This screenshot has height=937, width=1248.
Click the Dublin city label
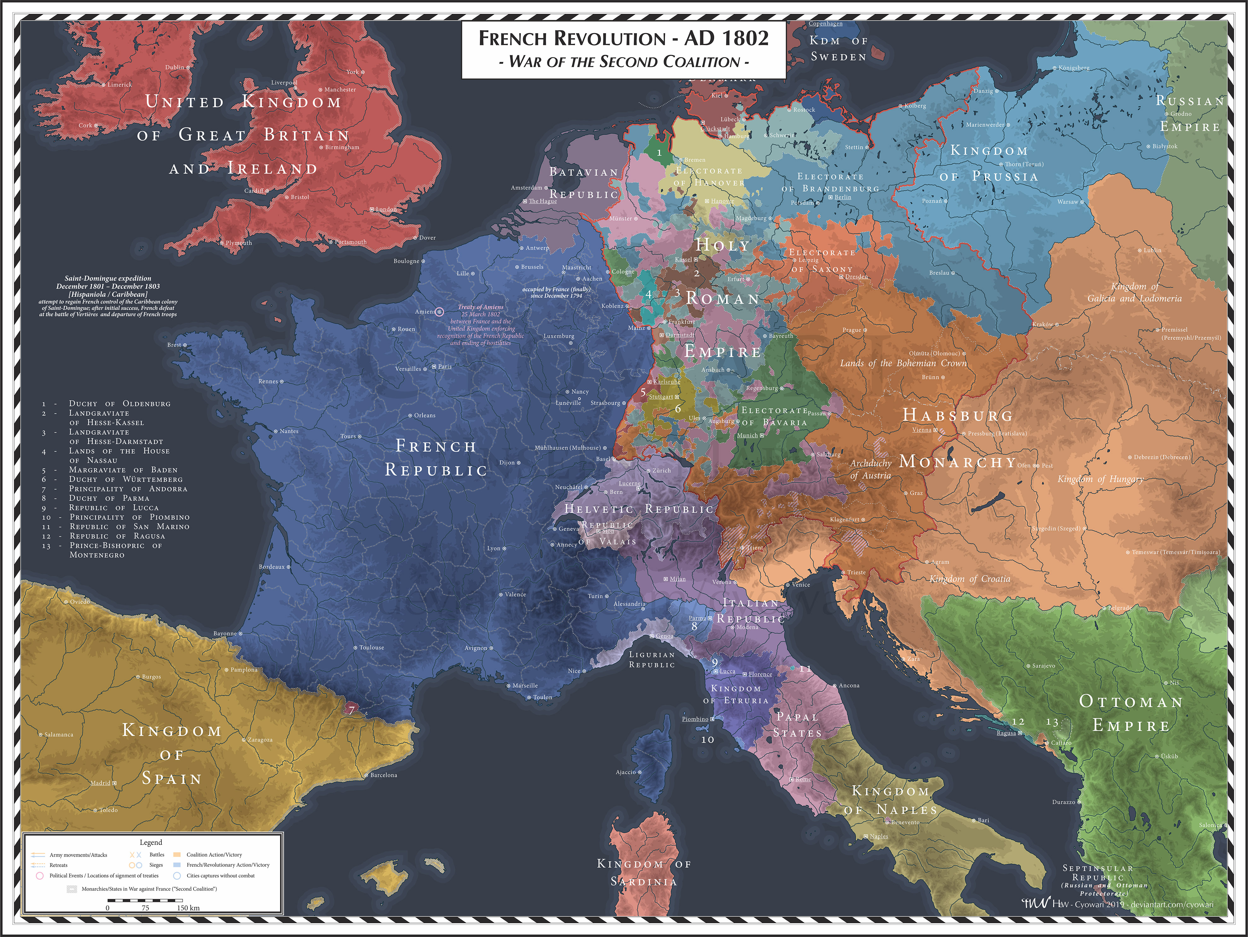pyautogui.click(x=175, y=67)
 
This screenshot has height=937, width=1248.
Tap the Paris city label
pyautogui.click(x=445, y=367)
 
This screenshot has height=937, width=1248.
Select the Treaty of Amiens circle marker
pyautogui.click(x=440, y=311)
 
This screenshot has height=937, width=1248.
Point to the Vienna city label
pyautogui.click(x=922, y=430)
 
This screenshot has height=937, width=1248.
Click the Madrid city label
pyautogui.click(x=101, y=783)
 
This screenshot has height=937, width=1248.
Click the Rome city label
pyautogui.click(x=803, y=780)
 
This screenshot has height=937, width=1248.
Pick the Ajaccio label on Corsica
pyautogui.click(x=626, y=772)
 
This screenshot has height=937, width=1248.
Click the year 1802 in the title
pyautogui.click(x=746, y=38)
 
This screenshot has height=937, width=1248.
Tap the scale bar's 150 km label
pyautogui.click(x=189, y=908)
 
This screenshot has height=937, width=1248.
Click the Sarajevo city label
pyautogui.click(x=1044, y=666)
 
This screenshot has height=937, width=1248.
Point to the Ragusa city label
pyautogui.click(x=1006, y=733)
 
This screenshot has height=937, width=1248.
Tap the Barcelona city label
pyautogui.click(x=384, y=775)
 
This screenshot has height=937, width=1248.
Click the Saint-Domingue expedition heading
pyautogui.click(x=108, y=278)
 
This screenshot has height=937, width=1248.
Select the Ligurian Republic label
pyautogui.click(x=652, y=660)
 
